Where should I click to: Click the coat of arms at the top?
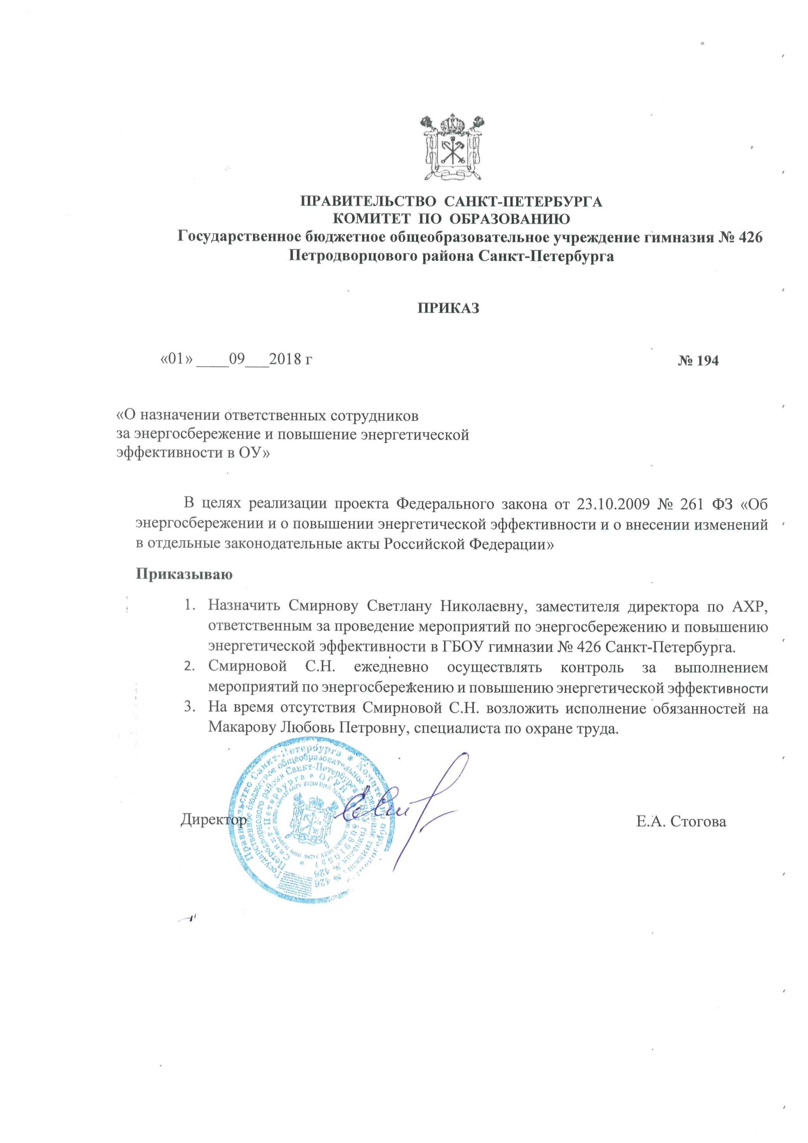pos(452,148)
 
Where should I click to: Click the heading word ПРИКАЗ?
pos(448,309)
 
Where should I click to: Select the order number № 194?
pos(698,361)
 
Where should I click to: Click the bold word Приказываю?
pos(184,574)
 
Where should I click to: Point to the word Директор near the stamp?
pos(212,820)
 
